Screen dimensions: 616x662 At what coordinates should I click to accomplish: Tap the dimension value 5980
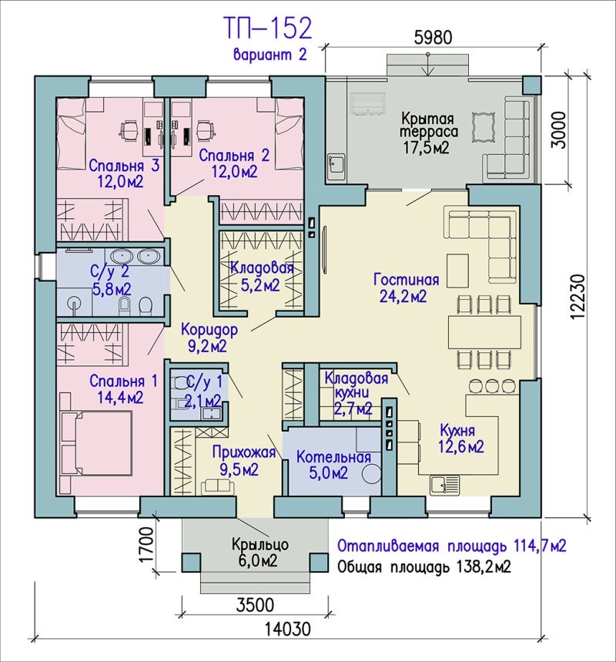coord(434,38)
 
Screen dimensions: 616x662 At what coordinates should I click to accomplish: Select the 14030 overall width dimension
coord(288,630)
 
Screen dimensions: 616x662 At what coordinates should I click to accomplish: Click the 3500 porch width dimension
coord(256,605)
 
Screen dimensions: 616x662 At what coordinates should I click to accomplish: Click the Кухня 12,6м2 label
coord(460,439)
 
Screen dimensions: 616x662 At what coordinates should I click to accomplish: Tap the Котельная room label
coord(333,457)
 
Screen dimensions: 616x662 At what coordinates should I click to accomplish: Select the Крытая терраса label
coord(428,125)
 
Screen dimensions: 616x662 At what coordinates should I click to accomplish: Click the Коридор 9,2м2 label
coord(209,338)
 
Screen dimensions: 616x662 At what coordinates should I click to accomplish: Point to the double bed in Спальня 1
coord(96,442)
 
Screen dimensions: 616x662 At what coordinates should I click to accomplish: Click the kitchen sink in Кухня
coord(445,485)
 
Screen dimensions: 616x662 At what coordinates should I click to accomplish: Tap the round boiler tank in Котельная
coord(371,473)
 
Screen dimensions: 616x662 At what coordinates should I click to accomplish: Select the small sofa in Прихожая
coord(217,487)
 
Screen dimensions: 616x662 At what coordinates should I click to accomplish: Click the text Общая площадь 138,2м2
coord(424,566)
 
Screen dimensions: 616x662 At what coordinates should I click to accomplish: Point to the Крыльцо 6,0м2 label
coord(260,553)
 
